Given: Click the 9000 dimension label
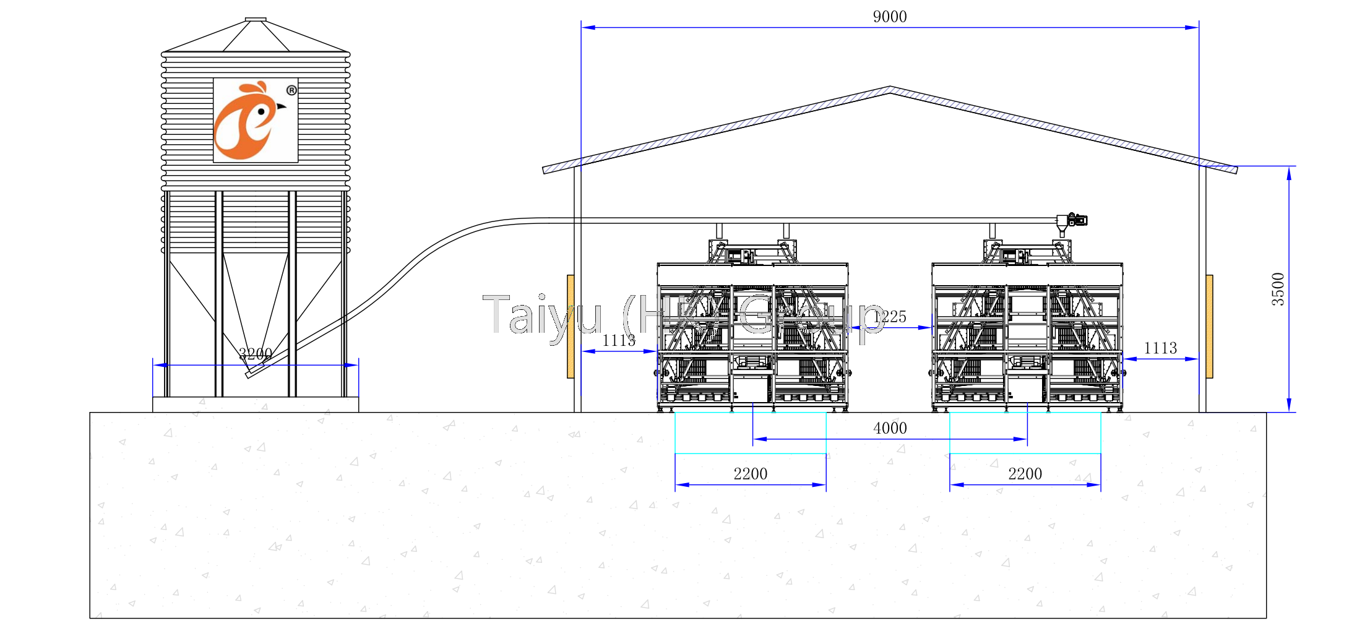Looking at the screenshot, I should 889,17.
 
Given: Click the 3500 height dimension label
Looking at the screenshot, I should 1278,289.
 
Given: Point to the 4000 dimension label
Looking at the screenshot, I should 889,428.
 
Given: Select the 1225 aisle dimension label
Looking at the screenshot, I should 890,317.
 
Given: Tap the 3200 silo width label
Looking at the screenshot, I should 255,354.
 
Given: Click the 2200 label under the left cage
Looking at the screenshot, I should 750,474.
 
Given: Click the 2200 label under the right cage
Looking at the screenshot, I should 1025,474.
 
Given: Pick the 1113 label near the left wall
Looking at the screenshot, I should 618,340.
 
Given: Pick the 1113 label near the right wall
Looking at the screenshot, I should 1160,348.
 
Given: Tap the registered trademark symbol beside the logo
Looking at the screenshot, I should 291,90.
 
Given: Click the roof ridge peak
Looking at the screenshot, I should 890,88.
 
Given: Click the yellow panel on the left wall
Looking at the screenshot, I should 571,326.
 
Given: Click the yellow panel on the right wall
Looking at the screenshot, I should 1209,326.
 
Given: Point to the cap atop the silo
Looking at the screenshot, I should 256,20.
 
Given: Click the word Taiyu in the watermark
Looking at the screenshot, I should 541,315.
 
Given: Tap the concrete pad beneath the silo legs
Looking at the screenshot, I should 255,405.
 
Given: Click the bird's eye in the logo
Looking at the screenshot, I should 262,112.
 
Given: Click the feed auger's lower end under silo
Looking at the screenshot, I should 249,373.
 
